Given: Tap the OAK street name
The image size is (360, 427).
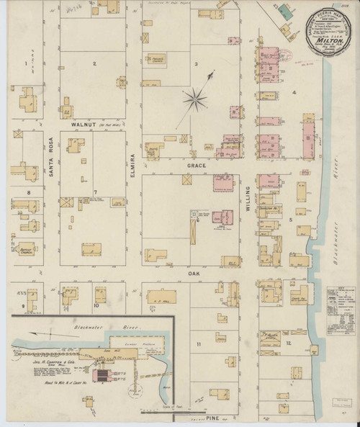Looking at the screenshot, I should click(193, 273).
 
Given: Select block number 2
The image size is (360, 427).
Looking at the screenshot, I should click(94, 64).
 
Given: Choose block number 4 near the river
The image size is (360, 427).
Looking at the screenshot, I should click(294, 93).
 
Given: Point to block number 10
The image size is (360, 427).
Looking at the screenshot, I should click(95, 305).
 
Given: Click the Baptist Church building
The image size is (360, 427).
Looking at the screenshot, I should click(29, 250).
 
